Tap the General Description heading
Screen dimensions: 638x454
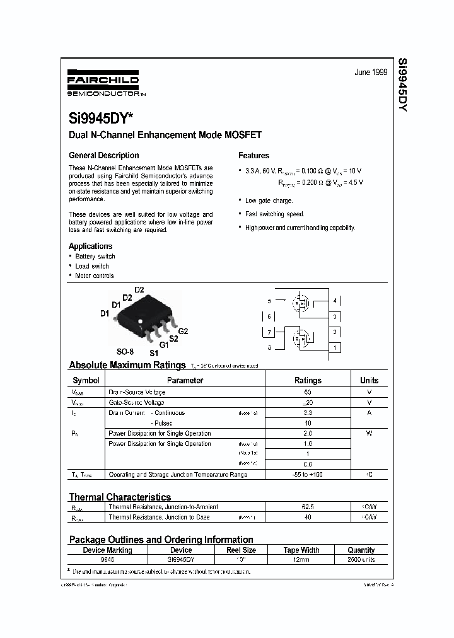click(103, 155)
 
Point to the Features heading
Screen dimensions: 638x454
click(253, 155)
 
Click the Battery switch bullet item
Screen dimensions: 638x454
click(95, 257)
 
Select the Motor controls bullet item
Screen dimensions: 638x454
click(94, 275)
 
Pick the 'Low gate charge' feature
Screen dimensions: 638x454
click(269, 200)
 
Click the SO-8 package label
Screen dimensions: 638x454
click(125, 351)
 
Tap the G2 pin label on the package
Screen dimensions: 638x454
click(183, 331)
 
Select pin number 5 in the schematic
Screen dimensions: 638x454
click(269, 301)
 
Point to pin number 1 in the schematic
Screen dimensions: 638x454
click(335, 347)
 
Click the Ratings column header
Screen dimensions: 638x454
click(308, 380)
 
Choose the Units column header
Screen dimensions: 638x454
click(369, 380)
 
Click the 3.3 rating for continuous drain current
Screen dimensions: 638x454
click(308, 413)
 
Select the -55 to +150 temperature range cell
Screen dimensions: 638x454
click(308, 474)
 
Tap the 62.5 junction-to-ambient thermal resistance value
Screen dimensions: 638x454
click(308, 507)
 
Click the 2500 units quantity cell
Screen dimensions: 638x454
click(361, 559)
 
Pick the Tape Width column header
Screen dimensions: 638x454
click(301, 550)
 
